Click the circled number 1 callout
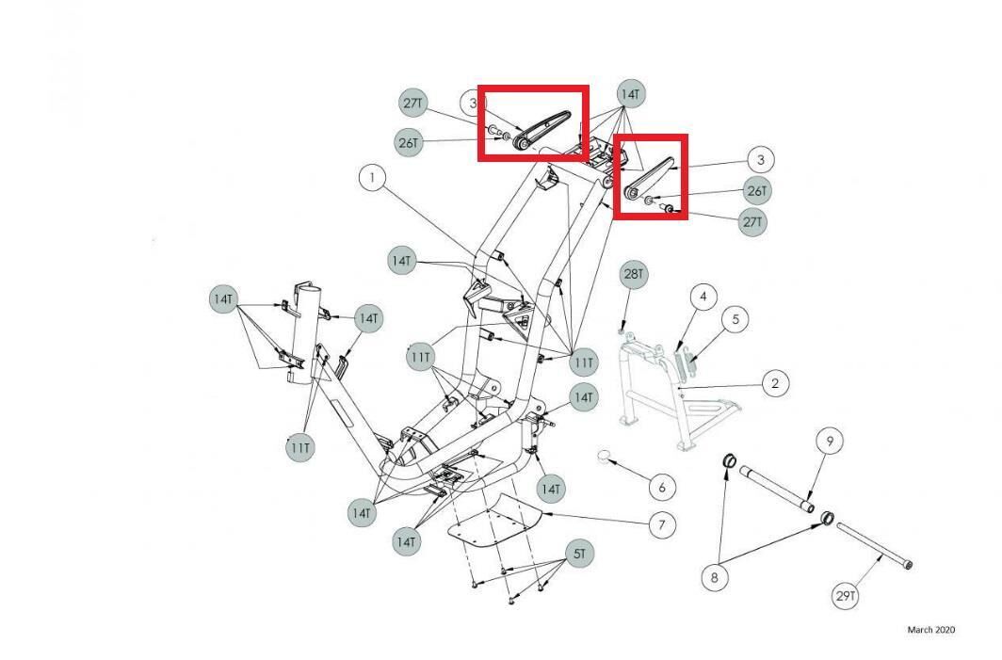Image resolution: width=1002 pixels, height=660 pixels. pos(373,177)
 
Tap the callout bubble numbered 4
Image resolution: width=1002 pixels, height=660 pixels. pos(703,298)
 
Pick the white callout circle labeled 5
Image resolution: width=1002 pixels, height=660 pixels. pos(735,319)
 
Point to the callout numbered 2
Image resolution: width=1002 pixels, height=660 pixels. pos(774,383)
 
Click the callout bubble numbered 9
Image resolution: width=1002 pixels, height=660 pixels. pos(830,441)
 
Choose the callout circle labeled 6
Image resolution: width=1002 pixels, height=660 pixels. pos(662,487)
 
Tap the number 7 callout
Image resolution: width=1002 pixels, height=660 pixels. pos(661,524)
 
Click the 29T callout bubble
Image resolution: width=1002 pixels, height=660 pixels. pos(846,595)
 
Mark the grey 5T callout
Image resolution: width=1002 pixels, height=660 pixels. pos(579,554)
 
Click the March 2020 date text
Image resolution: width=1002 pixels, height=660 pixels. pos(930,630)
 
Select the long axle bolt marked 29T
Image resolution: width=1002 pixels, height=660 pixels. pos(874,545)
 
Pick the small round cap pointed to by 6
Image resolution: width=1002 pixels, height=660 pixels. pos(607,459)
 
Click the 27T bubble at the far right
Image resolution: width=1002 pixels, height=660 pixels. pos(752,222)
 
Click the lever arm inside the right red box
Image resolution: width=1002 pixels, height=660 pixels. pos(650,177)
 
